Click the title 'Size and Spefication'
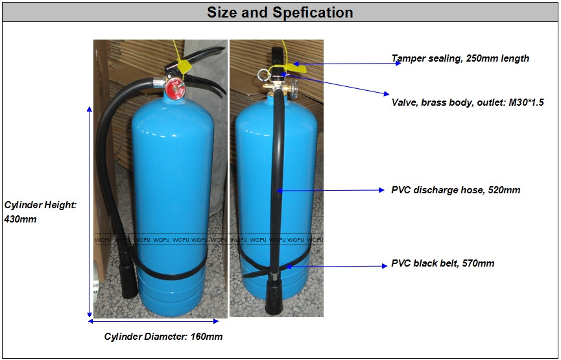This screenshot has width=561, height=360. pos(280,12)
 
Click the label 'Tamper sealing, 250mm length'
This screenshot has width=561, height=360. pos(460,58)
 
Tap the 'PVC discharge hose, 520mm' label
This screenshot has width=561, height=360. pos(455,190)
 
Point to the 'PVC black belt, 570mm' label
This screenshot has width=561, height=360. pos(442,263)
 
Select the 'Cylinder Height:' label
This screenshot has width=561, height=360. pos(41,205)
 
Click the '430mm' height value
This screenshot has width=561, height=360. pos(21,219)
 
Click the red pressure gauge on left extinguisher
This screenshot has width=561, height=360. pos(175,90)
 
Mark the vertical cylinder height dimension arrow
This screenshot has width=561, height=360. pos(90,211)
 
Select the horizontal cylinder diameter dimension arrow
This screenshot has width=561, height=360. pos(154,320)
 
